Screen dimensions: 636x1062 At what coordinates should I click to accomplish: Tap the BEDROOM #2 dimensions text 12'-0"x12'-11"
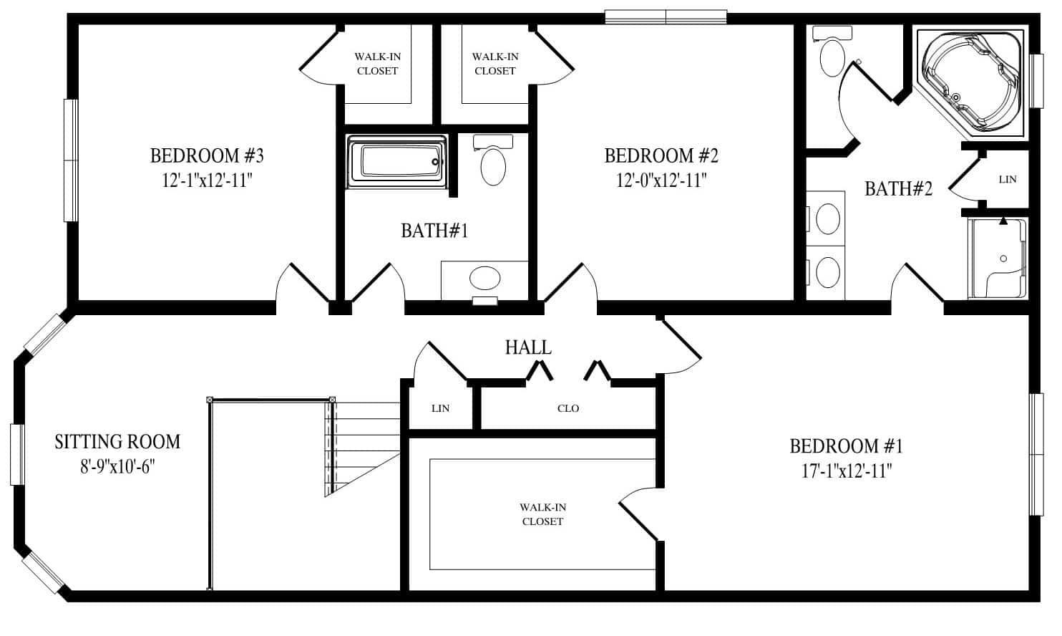tap(661, 180)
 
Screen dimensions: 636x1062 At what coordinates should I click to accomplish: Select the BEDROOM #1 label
tap(846, 447)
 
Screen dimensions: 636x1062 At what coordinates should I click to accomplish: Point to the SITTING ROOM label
tap(117, 442)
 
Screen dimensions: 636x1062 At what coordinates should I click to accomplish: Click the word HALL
tap(528, 348)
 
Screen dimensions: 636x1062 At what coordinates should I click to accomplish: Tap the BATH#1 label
tap(434, 231)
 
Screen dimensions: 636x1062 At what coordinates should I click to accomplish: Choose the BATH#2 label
tap(898, 189)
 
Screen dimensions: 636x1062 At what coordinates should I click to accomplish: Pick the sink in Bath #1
tap(484, 279)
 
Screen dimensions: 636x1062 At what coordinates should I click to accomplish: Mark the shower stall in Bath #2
tap(998, 259)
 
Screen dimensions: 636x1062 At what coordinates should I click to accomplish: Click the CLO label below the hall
tap(568, 408)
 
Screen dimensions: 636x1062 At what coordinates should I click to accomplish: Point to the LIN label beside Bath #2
tap(1007, 179)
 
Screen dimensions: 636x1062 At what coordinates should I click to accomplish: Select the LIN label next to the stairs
tap(440, 408)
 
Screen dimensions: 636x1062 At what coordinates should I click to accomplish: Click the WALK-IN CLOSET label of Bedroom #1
tap(542, 514)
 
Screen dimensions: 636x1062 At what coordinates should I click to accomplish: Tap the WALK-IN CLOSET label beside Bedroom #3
tap(377, 64)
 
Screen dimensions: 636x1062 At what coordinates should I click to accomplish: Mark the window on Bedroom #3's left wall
tap(70, 160)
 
